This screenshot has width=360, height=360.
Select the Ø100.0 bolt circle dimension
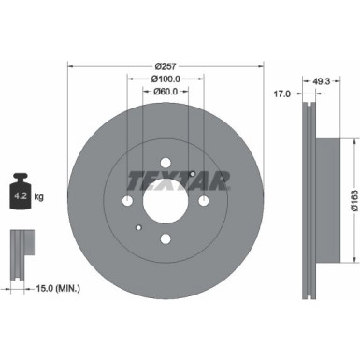(x=166, y=79)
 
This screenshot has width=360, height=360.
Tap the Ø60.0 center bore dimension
(x=166, y=92)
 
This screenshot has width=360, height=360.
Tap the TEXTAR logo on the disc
(x=166, y=180)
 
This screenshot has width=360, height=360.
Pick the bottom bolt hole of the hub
(x=166, y=238)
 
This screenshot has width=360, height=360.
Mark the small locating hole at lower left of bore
(x=138, y=226)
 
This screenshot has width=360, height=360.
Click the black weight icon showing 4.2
(x=20, y=194)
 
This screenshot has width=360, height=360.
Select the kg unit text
(x=38, y=198)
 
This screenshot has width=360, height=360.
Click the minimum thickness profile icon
(x=20, y=246)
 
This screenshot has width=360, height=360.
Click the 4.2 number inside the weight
(x=20, y=198)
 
